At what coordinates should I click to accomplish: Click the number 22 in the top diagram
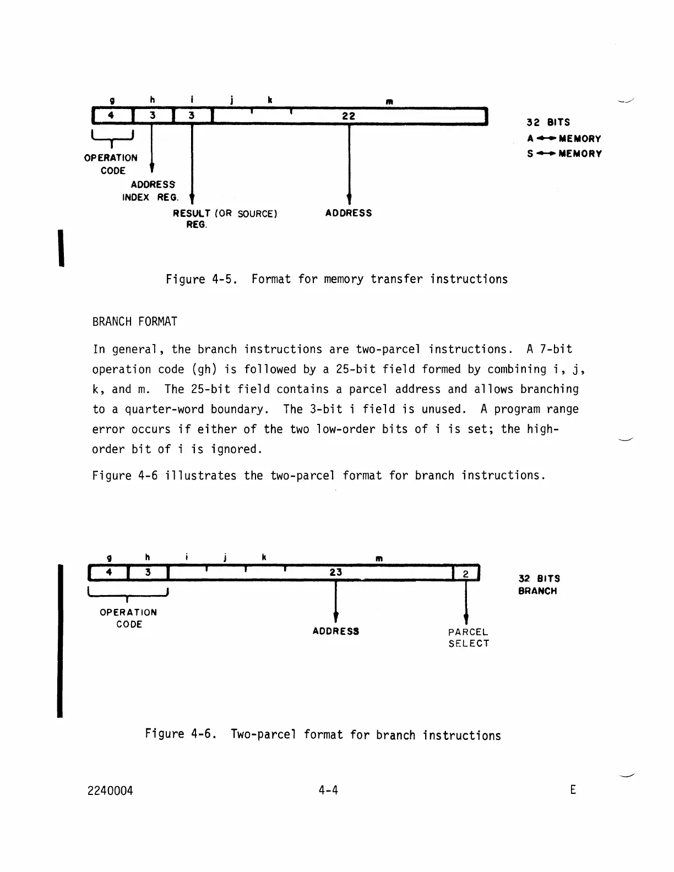pos(349,116)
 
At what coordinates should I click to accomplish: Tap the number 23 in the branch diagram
pos(336,573)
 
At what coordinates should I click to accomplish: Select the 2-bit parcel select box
pos(466,574)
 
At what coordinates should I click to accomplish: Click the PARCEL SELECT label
pos(468,638)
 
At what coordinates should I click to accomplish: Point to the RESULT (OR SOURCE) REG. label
pos(225,219)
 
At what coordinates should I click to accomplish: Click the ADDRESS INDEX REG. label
pos(150,191)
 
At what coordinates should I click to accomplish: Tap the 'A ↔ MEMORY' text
pos(564,139)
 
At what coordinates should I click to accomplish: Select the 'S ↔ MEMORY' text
pos(564,154)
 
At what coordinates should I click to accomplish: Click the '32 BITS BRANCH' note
pos(539,585)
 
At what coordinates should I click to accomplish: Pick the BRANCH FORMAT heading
pos(135,321)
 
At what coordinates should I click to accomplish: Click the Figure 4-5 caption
pos(336,279)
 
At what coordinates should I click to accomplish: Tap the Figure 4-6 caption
pos(323,734)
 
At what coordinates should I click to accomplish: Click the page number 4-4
pos(328,791)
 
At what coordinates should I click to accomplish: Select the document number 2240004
pos(110,791)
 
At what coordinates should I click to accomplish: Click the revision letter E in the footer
pos(573,790)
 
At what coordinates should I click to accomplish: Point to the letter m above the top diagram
pos(389,102)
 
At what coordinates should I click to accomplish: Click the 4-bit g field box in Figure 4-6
pos(109,573)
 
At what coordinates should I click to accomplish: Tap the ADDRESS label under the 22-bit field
pos(349,213)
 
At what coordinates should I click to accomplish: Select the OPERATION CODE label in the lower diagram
pos(128,618)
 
